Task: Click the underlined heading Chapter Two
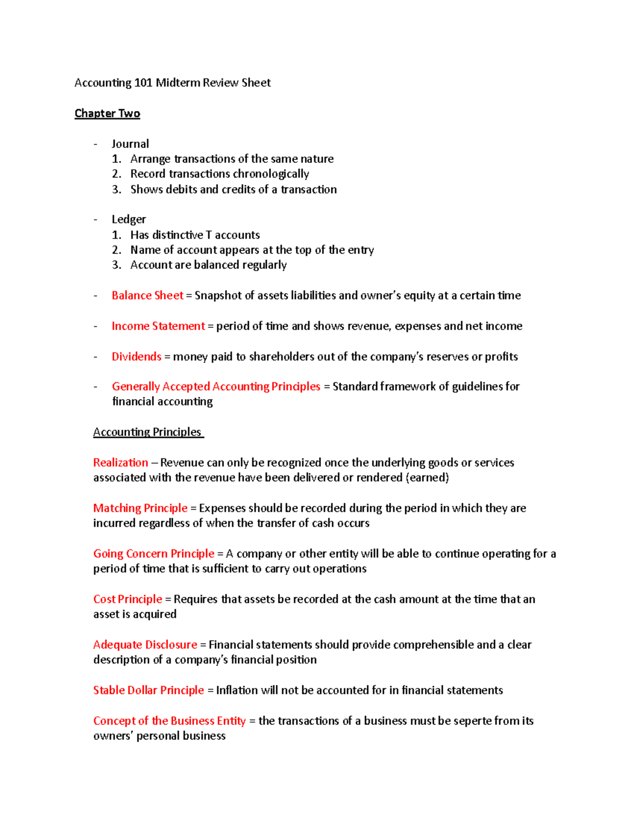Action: (107, 113)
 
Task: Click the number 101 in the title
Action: (143, 82)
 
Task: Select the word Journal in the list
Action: (130, 144)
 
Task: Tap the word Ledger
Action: (128, 219)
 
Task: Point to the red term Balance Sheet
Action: (147, 296)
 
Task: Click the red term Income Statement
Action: (158, 326)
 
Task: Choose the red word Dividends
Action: (136, 357)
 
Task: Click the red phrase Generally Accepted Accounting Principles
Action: (216, 386)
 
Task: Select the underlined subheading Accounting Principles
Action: (147, 432)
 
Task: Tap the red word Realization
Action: (120, 463)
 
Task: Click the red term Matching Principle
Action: (140, 508)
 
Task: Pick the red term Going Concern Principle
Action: (154, 554)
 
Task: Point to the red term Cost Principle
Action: (127, 599)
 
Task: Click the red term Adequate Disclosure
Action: (145, 644)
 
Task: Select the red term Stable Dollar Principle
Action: (148, 690)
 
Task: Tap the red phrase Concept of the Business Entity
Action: (169, 721)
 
